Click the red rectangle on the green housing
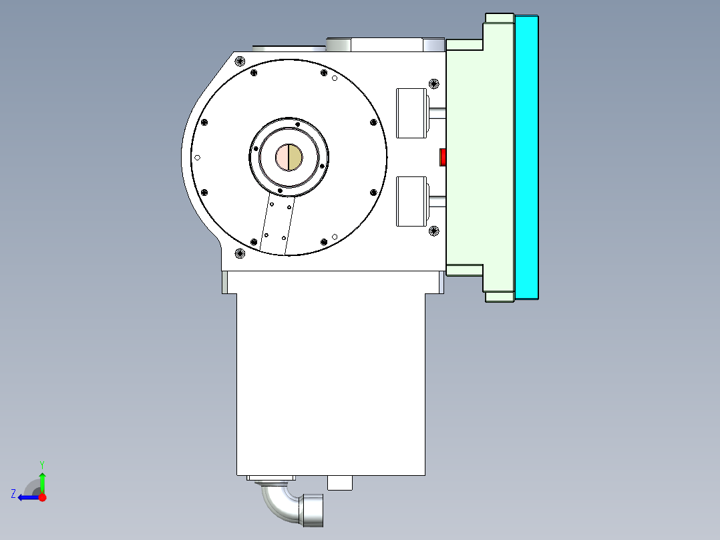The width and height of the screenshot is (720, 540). point(442,157)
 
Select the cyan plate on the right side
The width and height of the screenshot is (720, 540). point(526,157)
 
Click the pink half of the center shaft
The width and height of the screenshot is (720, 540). point(282,157)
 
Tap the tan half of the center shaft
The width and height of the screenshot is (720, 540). point(295,157)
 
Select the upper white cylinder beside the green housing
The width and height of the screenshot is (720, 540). point(411,113)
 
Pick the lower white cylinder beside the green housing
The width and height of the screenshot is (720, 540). point(411,201)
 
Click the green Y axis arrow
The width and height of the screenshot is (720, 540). point(42,481)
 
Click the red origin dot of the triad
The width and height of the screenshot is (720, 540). point(42,497)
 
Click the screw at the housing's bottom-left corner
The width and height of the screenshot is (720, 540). point(240,253)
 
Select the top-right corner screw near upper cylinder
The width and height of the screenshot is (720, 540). point(433,84)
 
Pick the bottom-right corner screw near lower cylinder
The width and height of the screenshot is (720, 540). point(433,231)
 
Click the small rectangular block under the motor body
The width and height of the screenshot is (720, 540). point(340,483)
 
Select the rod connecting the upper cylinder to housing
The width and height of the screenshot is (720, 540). point(437,113)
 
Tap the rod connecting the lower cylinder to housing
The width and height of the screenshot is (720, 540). point(437,201)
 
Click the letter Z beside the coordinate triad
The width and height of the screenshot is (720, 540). point(13,494)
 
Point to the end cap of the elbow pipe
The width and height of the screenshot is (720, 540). point(313,509)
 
